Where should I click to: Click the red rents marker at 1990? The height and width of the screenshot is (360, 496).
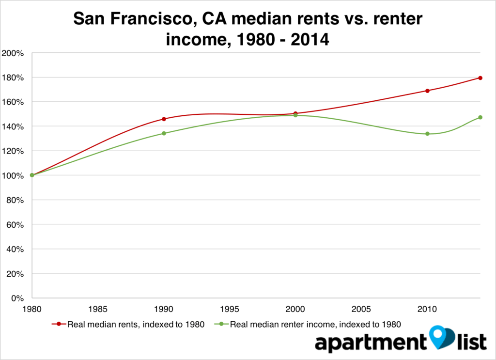pos(164,119)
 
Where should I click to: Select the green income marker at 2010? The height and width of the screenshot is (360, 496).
pos(427,134)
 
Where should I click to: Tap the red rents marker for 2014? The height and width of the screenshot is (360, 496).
pos(480,78)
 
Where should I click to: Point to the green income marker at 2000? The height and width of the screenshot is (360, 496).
pos(295,115)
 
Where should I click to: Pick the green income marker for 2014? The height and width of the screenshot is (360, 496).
pos(480,117)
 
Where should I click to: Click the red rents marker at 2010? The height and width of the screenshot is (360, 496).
pos(427,91)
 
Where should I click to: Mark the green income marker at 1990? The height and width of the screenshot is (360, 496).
pos(164,133)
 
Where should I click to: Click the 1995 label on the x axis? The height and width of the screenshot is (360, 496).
pos(230,308)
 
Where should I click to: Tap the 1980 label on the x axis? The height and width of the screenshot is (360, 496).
pos(32,308)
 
